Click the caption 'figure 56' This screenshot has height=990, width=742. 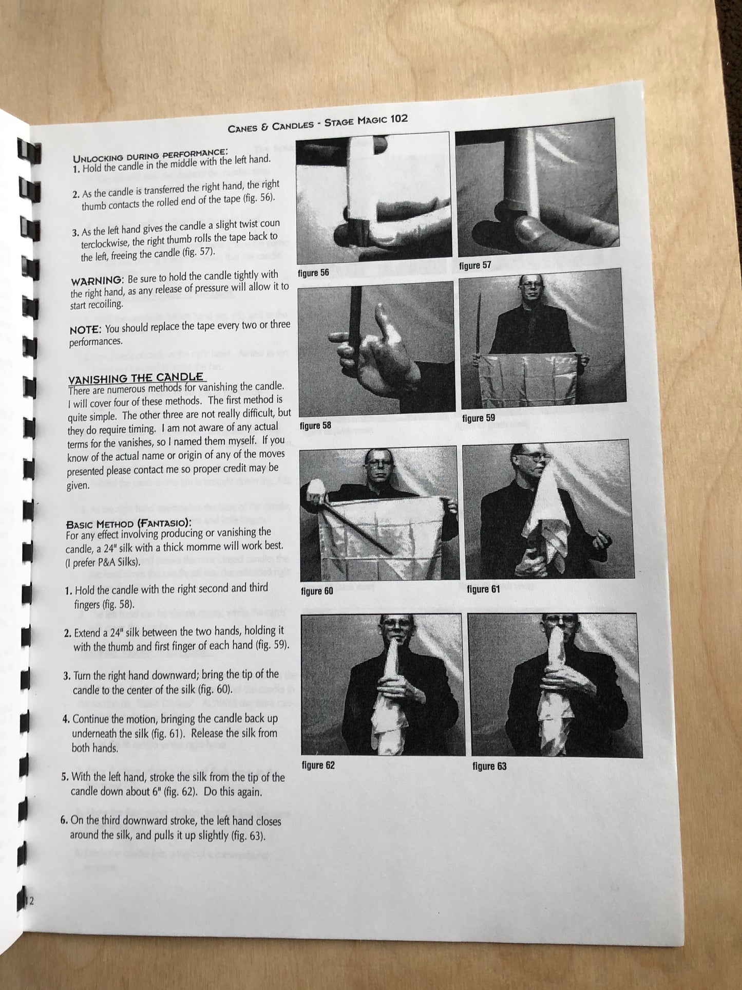[x=313, y=272]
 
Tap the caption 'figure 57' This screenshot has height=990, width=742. [x=475, y=265]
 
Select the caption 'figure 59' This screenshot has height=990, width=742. [x=479, y=418]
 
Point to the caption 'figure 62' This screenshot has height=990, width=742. [x=318, y=765]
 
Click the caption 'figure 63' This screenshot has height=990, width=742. [x=489, y=767]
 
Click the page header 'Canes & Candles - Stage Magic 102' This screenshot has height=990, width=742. [x=318, y=123]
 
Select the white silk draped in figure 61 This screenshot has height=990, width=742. [x=544, y=518]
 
